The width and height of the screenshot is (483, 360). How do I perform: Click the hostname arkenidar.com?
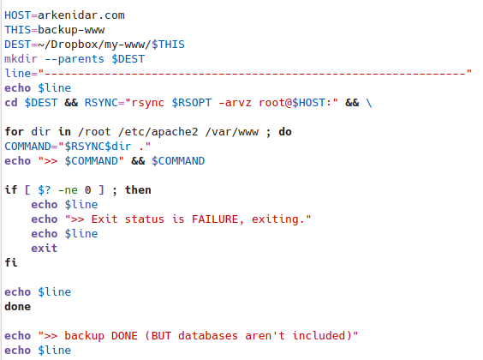click(81, 15)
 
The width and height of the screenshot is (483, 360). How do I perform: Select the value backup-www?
click(71, 30)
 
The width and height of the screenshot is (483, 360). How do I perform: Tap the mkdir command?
click(21, 58)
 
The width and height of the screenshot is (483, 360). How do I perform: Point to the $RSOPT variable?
click(192, 103)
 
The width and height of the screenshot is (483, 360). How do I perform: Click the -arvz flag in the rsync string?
click(235, 103)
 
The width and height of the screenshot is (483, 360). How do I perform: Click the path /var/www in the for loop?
click(231, 132)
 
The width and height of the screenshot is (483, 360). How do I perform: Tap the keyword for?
click(15, 132)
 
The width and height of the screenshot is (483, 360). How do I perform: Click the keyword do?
click(285, 132)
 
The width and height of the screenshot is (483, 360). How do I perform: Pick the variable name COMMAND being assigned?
click(27, 146)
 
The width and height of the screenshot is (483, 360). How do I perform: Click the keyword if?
click(11, 189)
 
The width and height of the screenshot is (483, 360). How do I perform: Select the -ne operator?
click(68, 190)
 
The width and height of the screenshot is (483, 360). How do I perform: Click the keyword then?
click(138, 189)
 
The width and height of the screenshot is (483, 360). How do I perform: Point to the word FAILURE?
click(215, 219)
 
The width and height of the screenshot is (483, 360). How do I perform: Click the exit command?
click(45, 248)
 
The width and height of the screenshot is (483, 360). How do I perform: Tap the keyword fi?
click(11, 262)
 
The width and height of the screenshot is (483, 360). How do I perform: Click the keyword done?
click(18, 306)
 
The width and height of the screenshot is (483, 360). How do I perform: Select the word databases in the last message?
click(208, 336)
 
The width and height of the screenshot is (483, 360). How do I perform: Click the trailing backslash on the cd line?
click(369, 103)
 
